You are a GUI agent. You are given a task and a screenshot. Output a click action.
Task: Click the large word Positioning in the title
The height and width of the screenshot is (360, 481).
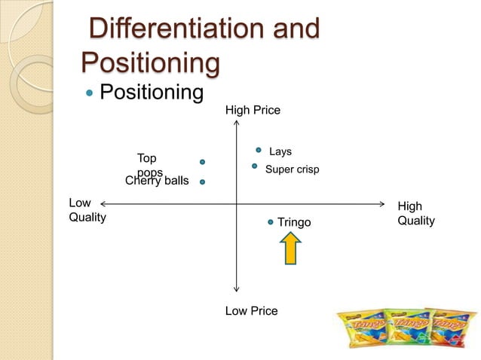click(x=149, y=62)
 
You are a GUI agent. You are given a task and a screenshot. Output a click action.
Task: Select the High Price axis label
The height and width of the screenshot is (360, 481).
click(x=253, y=111)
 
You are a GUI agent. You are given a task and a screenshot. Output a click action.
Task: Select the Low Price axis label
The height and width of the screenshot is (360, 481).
click(x=251, y=310)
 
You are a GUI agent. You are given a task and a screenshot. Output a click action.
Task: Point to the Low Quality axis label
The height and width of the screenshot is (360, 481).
click(x=87, y=211)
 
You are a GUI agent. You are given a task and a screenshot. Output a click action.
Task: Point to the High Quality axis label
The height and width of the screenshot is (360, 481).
click(x=415, y=213)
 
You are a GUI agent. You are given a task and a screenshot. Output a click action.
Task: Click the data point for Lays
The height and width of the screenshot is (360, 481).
click(x=258, y=150)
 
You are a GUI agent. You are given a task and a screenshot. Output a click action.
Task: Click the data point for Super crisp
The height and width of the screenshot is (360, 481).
click(x=255, y=166)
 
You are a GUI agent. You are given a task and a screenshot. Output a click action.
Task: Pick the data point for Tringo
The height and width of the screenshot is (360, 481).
click(x=271, y=222)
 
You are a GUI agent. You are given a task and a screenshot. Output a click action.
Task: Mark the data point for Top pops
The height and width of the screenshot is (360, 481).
click(x=203, y=162)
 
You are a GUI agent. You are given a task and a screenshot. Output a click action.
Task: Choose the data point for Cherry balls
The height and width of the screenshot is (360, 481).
click(x=203, y=182)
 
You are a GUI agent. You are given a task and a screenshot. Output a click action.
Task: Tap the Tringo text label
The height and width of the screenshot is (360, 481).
click(x=294, y=222)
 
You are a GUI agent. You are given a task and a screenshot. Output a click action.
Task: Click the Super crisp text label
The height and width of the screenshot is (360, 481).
click(x=292, y=170)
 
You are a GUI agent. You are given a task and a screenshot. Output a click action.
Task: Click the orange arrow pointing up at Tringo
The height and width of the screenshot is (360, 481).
click(x=292, y=248)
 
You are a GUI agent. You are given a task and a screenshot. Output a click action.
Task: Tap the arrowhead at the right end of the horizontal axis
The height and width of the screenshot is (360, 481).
click(x=381, y=204)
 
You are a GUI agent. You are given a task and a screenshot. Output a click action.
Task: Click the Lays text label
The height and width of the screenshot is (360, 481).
click(x=280, y=152)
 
